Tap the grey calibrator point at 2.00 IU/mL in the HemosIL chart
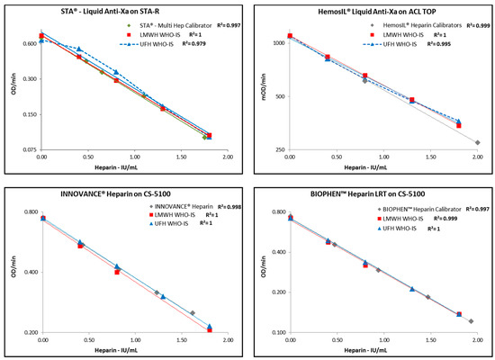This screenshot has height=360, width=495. [x=477, y=142]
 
